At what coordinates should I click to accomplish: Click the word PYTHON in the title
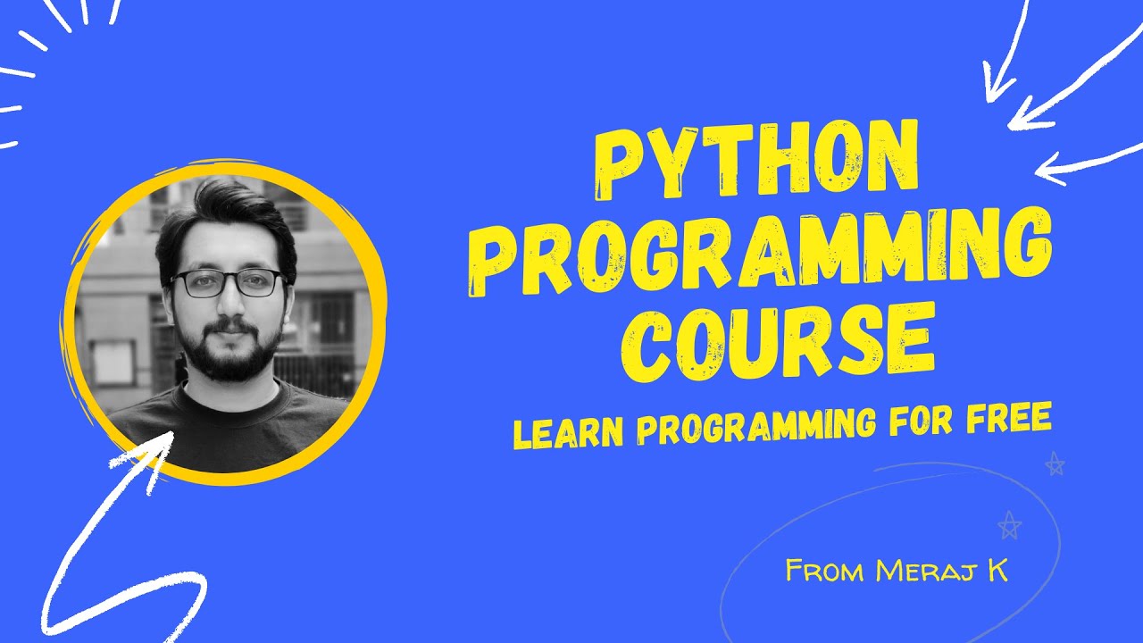coord(756,162)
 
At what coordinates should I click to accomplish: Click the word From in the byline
coord(826,570)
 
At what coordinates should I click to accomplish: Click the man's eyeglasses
coord(228,284)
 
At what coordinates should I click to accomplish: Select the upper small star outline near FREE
coord(1055,463)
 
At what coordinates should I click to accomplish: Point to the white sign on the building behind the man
coord(113,363)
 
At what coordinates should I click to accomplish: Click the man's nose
coord(229,306)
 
